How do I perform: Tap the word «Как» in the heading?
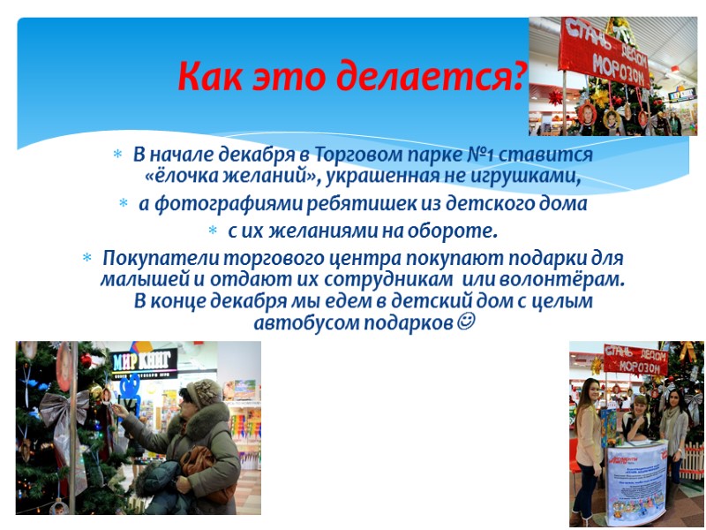point(210,77)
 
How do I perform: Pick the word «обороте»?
point(454,232)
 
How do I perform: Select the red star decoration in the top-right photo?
point(555,96)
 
